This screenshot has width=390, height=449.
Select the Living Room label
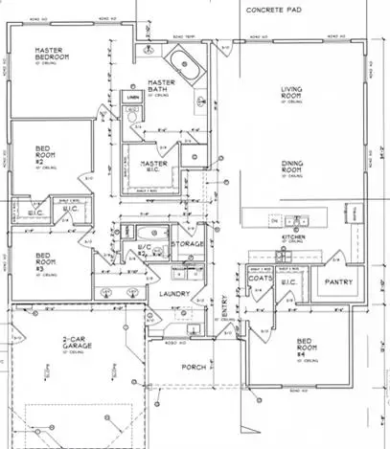(291, 95)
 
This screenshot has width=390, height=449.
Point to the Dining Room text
(293, 168)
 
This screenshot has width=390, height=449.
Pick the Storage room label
(187, 244)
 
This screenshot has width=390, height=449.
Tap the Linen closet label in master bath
(133, 98)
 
